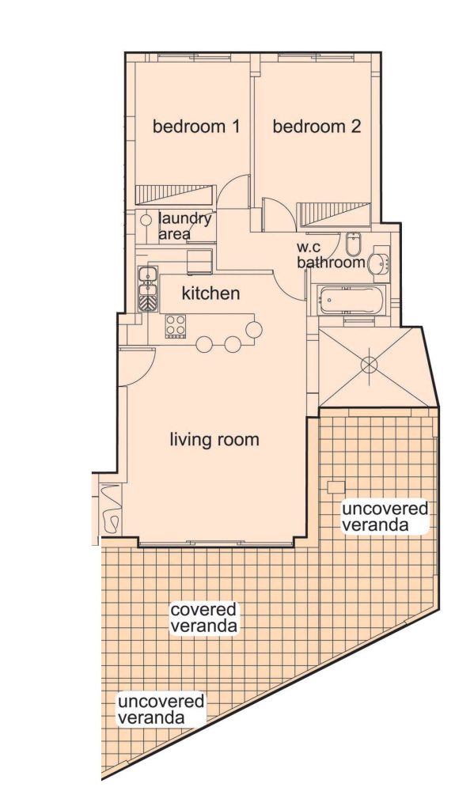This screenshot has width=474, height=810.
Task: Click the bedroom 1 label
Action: point(196,127)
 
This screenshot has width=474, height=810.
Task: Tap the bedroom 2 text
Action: point(317,127)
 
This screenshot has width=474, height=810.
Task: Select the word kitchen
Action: point(211,293)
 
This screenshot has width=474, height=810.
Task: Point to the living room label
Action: point(214,440)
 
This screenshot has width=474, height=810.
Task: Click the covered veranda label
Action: point(204,617)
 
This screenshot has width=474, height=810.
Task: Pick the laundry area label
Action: point(185,225)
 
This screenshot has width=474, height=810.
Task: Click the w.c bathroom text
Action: point(331,255)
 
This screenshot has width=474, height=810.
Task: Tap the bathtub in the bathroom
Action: point(352,300)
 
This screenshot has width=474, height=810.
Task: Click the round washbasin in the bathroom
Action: point(378,264)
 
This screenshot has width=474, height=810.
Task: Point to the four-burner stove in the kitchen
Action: point(176,325)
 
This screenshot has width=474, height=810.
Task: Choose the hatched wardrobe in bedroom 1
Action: point(175,195)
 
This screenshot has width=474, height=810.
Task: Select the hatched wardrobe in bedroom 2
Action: point(334,214)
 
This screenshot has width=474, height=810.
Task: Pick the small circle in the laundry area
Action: point(146,220)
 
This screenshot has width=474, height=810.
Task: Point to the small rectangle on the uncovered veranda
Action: point(336,487)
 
